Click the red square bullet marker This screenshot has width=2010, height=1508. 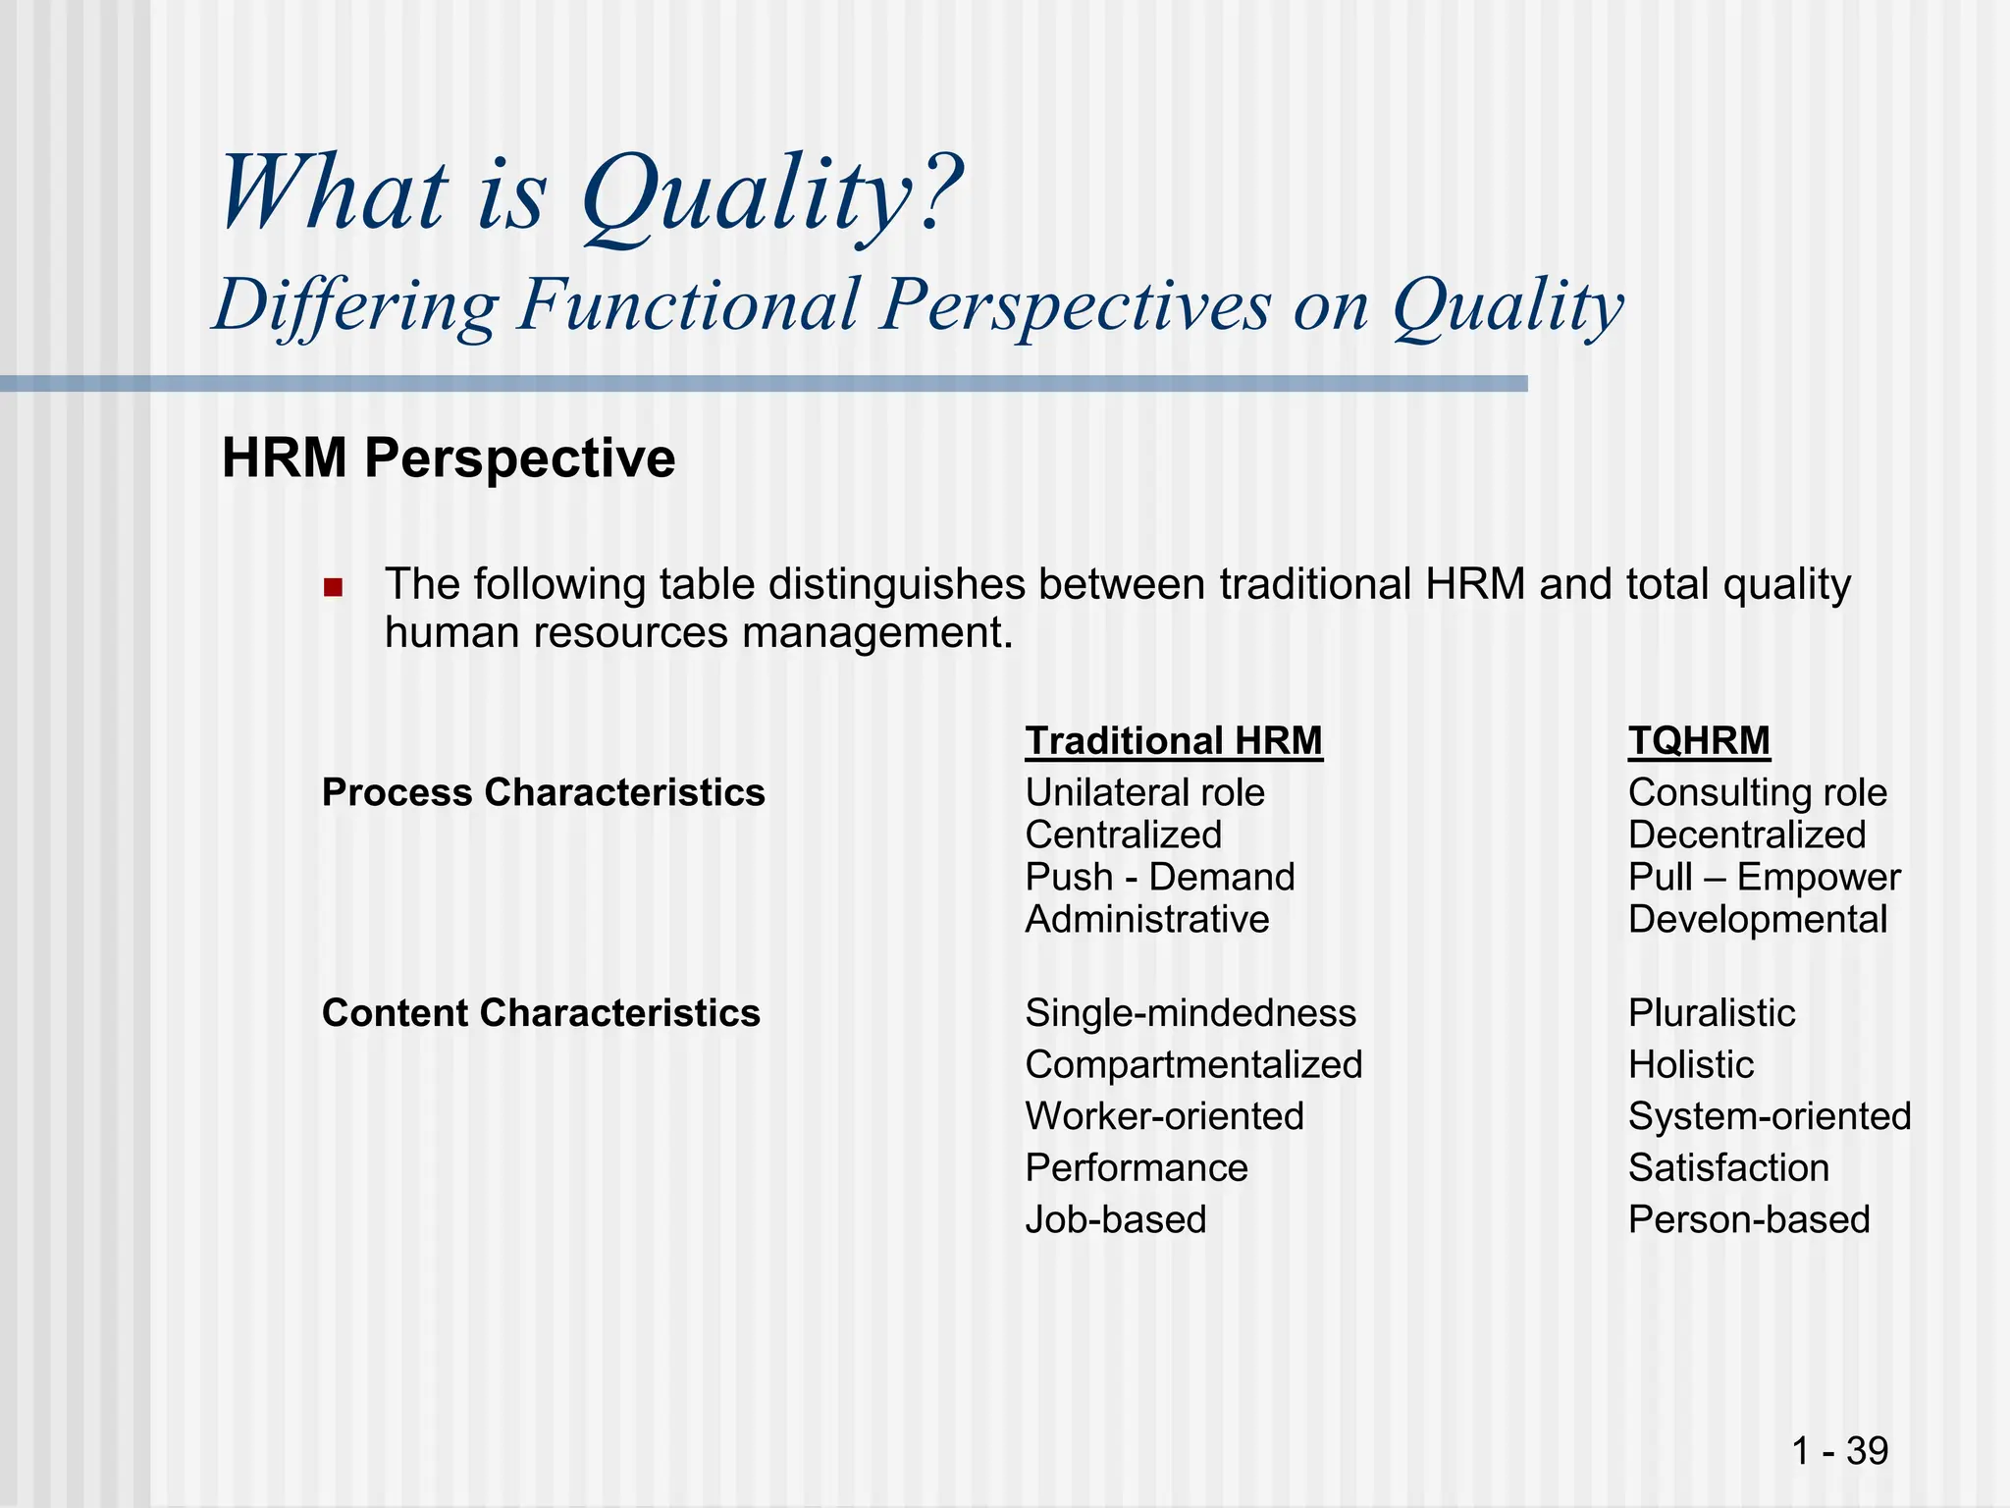(333, 588)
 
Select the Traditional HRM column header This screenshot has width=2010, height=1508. (1174, 740)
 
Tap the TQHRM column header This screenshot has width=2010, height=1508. (1699, 740)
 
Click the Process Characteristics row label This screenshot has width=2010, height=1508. (543, 792)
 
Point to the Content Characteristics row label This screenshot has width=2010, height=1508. (541, 1012)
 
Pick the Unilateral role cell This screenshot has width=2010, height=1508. (1144, 792)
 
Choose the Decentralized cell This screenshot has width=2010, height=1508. (1747, 835)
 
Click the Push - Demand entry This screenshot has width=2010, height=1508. (1160, 877)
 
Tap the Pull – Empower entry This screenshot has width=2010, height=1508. (1764, 877)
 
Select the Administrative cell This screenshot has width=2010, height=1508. (1147, 919)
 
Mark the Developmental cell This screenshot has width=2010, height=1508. (1757, 919)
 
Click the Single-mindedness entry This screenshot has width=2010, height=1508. (1190, 1012)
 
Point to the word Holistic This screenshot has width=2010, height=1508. (1690, 1064)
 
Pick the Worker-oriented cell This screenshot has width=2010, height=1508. (1164, 1116)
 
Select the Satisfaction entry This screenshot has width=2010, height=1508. (1728, 1167)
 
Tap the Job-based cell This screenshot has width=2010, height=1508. (1116, 1219)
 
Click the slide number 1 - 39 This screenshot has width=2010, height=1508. (1839, 1450)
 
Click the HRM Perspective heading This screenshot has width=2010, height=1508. (449, 458)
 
